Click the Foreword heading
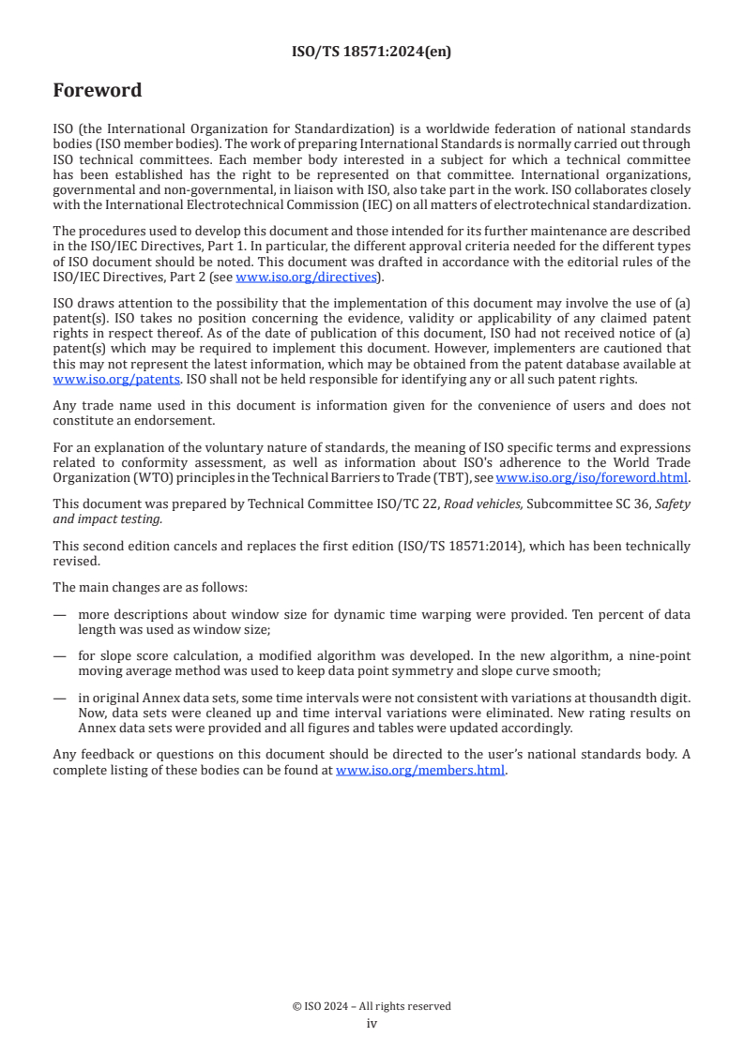98,91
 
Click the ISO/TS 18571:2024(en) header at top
372,53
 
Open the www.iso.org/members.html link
420,770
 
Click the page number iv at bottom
372,1023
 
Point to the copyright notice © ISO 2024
372,1006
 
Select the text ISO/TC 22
411,503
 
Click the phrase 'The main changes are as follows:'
150,587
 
